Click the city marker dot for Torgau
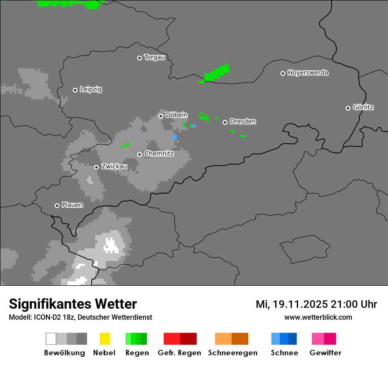(139, 58)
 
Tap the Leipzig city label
(91, 90)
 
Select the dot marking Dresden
(225, 122)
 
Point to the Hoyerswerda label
(308, 73)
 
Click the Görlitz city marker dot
(348, 108)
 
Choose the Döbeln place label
(176, 115)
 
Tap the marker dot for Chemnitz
(139, 154)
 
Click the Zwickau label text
(114, 166)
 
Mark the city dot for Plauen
(57, 205)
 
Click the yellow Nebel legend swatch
(104, 339)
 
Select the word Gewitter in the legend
(325, 353)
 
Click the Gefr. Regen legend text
(179, 353)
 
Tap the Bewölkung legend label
(64, 353)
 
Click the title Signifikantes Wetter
(73, 304)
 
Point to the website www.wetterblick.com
(318, 317)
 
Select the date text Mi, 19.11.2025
(291, 304)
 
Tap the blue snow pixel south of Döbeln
(175, 138)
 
